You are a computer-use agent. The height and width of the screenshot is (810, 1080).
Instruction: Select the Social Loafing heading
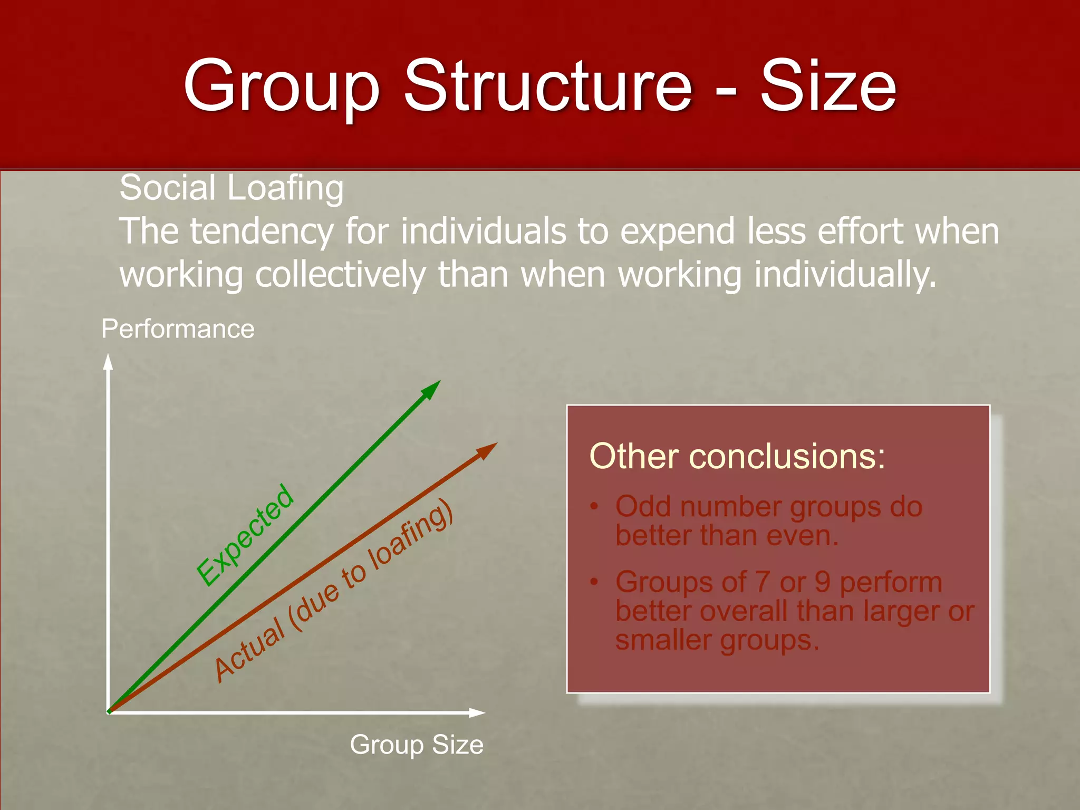click(232, 188)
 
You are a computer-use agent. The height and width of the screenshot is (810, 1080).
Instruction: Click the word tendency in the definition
click(262, 232)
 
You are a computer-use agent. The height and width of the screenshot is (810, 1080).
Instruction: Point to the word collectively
click(341, 275)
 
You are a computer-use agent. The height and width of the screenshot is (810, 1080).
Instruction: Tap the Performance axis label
click(178, 329)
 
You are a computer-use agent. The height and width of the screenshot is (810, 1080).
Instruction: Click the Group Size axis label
click(417, 745)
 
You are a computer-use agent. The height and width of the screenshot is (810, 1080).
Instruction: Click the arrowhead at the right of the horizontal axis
click(477, 713)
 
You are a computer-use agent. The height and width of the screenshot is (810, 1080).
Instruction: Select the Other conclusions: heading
click(737, 456)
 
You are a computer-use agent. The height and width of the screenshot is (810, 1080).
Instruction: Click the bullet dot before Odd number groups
click(594, 507)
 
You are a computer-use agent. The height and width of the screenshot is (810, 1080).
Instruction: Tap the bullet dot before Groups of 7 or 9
click(594, 582)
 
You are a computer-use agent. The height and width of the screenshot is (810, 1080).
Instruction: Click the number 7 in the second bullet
click(762, 582)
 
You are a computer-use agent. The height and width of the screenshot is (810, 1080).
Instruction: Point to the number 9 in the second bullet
click(823, 582)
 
